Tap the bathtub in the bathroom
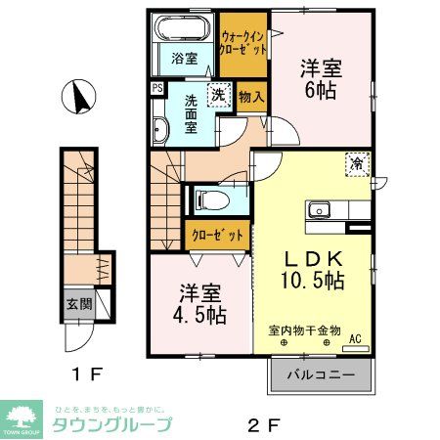(x=184, y=29)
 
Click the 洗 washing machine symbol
(x=220, y=97)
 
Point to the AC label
(x=355, y=339)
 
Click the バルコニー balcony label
(x=320, y=374)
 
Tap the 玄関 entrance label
(x=79, y=304)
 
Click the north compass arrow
(x=75, y=99)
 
